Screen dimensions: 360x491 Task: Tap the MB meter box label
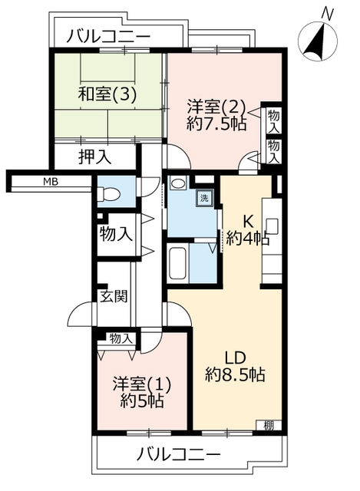pos(51,182)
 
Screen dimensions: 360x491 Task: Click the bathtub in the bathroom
pos(177,263)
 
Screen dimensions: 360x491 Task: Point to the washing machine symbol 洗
pos(204,198)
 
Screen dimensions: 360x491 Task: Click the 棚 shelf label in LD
pos(268,426)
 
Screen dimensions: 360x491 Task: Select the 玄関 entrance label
pos(114,296)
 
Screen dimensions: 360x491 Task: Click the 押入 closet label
pos(94,157)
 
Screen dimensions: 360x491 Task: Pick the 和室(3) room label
pos(107,94)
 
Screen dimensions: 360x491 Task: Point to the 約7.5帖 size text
pos(216,124)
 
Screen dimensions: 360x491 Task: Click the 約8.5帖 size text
pos(236,374)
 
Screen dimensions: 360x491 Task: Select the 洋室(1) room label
pos(142,385)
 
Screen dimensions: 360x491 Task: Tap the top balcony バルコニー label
pos(108,36)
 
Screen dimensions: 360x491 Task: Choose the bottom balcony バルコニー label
pos(179,453)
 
